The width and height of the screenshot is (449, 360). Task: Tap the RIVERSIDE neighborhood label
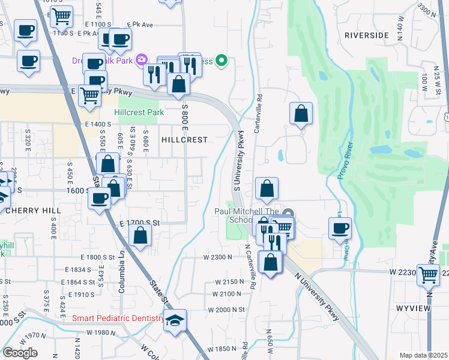pos(367,35)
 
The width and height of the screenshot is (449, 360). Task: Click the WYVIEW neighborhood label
pos(414,308)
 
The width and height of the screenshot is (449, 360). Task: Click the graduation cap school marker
pos(175,321)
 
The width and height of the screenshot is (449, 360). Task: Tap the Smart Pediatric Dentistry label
pos(118,319)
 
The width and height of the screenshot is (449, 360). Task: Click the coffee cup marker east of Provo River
pos(340,228)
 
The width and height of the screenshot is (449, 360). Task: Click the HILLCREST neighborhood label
pos(184,139)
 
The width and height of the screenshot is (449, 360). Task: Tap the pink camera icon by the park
pos(142,59)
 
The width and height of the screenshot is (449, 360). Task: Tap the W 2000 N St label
pos(227,309)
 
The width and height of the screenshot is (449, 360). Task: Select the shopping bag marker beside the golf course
pos(301,114)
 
